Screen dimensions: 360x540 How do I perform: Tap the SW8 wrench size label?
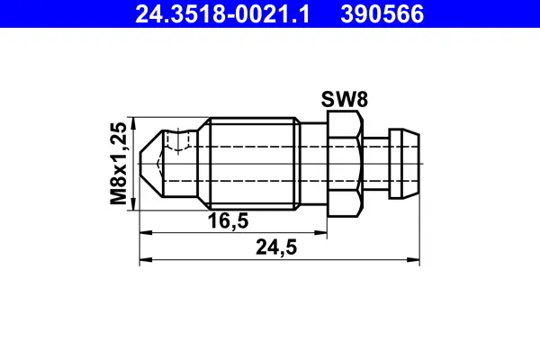coord(344,100)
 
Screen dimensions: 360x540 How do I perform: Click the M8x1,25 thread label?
coord(117,164)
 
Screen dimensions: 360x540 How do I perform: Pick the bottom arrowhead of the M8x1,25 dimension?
coord(132,208)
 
